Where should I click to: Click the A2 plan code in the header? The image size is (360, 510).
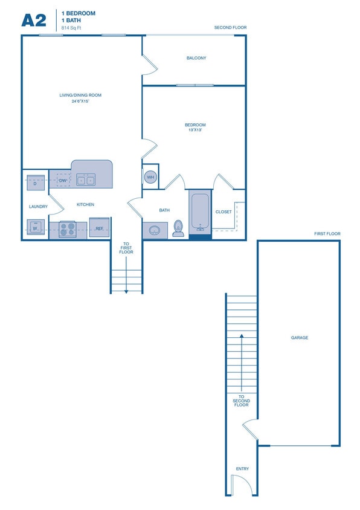[34, 20]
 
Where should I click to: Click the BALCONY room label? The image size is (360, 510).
[196, 58]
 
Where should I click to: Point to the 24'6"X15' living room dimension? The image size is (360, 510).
[80, 102]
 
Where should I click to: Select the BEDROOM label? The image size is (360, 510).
[195, 126]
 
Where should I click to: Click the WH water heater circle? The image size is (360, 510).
[150, 176]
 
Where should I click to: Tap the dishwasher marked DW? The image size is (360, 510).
[62, 180]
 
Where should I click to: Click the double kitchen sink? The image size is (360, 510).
[85, 180]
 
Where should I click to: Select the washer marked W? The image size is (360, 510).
[35, 228]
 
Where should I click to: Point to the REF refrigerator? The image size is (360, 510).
[99, 228]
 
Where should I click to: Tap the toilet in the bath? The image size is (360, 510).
[178, 228]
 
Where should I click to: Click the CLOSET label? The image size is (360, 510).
[223, 212]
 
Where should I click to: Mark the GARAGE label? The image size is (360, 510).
[300, 338]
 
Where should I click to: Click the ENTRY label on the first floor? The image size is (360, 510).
[242, 469]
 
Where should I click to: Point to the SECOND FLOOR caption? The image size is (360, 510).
[230, 28]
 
